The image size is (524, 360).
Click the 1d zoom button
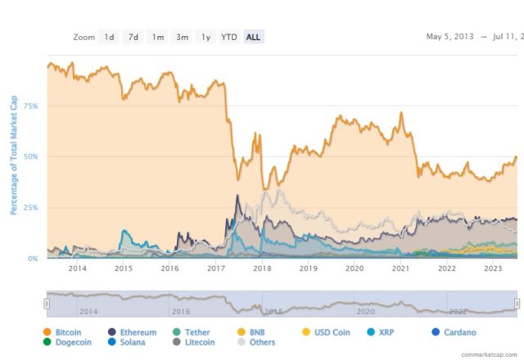[x=109, y=37]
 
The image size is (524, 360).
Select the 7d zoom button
[x=133, y=37]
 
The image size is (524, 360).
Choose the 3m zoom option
[x=182, y=37]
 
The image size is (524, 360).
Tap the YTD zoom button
[x=229, y=37]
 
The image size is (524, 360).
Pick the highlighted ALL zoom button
[x=254, y=37]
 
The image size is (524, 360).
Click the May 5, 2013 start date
[x=451, y=37]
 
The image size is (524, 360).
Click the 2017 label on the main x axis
[x=216, y=268]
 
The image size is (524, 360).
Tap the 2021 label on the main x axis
[x=401, y=268]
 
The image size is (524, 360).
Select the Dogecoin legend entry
[x=68, y=343]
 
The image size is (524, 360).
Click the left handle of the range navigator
[x=47, y=304]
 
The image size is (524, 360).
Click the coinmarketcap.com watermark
[x=490, y=355]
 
